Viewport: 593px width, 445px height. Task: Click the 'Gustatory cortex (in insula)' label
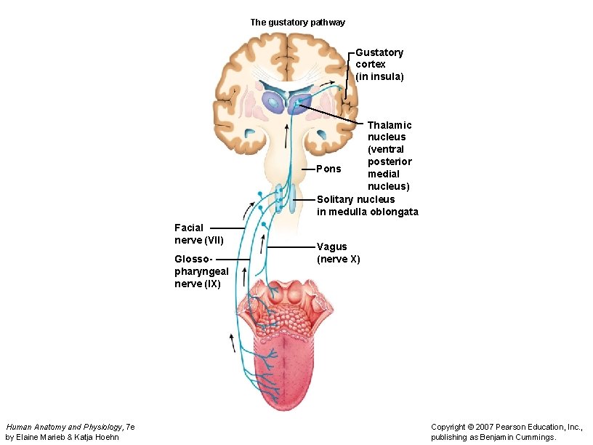379,64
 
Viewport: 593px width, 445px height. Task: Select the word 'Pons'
329,169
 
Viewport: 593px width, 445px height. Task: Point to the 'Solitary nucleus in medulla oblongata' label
367,205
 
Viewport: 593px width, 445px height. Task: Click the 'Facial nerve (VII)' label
199,234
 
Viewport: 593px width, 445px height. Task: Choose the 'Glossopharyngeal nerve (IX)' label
201,271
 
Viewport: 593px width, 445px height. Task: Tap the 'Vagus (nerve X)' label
338,253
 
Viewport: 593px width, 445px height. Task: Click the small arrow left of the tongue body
233,342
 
